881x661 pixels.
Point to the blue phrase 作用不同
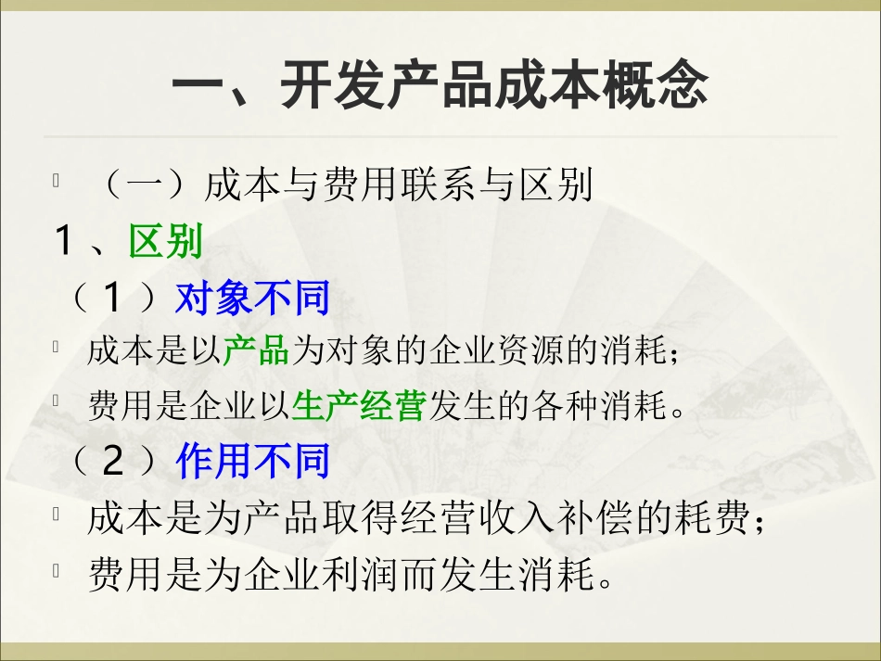(252, 462)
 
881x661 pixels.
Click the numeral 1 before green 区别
(64, 243)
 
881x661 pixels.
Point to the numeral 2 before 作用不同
(113, 462)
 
